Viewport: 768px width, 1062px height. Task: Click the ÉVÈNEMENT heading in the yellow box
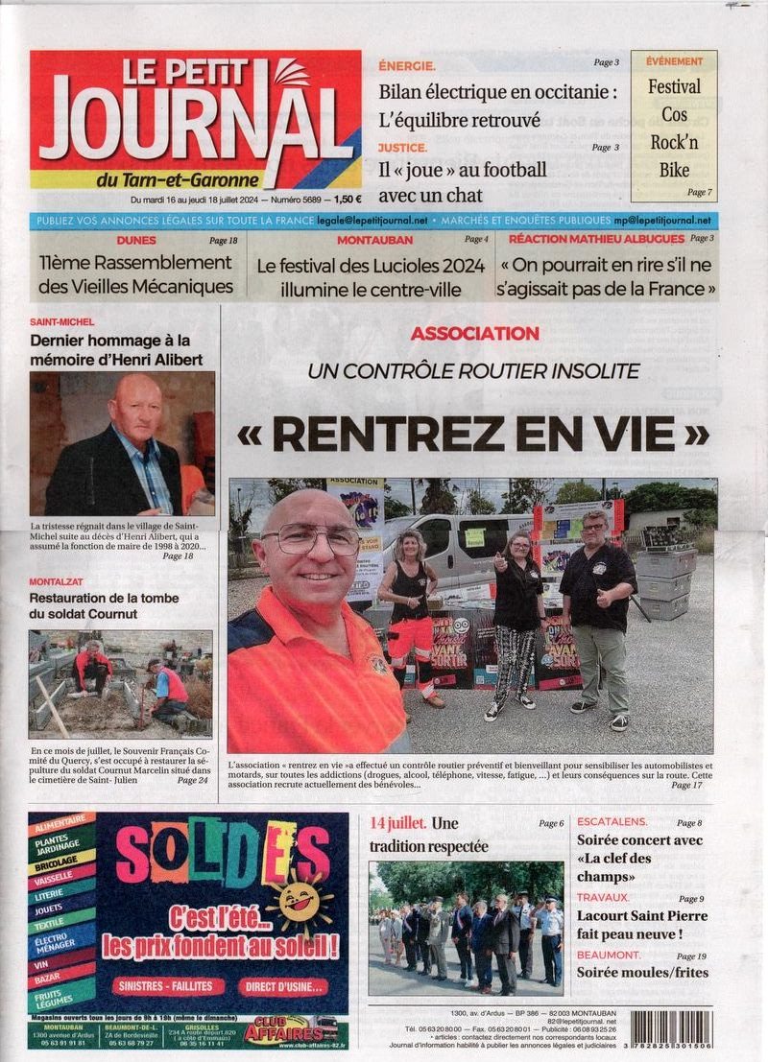[x=674, y=60]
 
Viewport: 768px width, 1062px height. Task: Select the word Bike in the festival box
[x=674, y=171]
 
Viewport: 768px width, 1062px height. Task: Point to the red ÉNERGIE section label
[x=407, y=65]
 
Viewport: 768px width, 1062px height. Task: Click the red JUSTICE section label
[x=403, y=147]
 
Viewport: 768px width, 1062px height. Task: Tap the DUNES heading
[x=135, y=239]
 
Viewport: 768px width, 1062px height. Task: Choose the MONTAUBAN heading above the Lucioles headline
[x=374, y=239]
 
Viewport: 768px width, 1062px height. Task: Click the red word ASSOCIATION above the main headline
[x=474, y=333]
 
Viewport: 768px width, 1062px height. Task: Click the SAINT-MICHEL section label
[x=62, y=322]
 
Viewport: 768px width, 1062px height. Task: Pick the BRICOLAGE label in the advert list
[x=61, y=861]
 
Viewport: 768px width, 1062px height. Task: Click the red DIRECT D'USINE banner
[x=284, y=986]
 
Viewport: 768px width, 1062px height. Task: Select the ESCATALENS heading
[x=612, y=822]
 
